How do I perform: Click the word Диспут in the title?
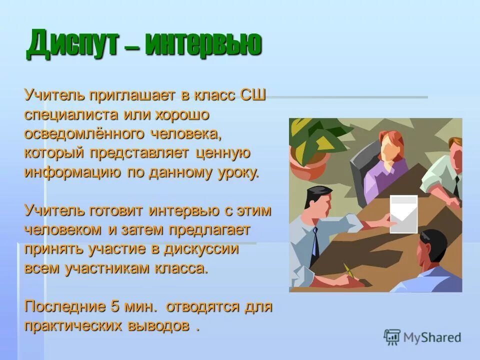click(74, 44)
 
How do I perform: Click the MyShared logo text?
click(432, 337)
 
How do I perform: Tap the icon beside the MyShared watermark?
click(392, 337)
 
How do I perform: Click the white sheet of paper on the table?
click(403, 214)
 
